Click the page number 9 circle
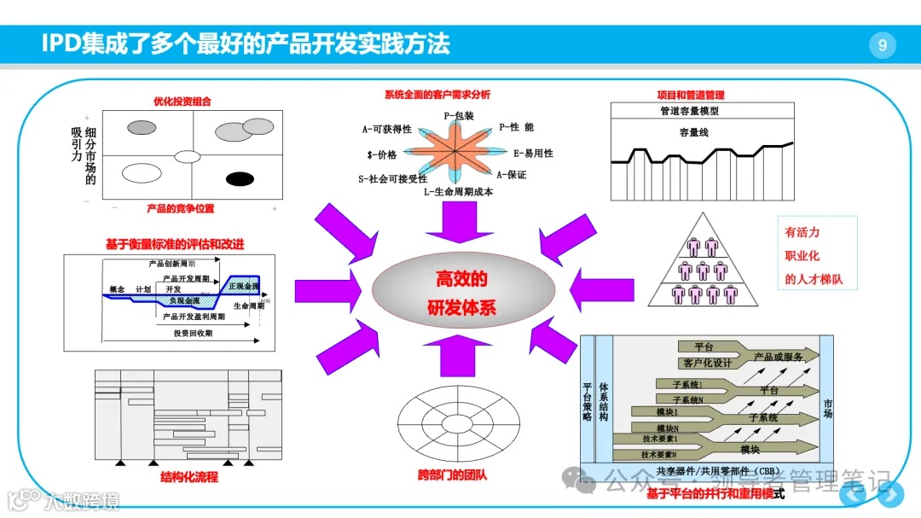point(883,45)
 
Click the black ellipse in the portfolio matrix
point(240,178)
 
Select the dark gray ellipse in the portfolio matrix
point(142,128)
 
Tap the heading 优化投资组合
point(182,101)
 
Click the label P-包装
point(459,113)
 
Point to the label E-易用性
point(533,154)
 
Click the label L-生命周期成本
point(458,192)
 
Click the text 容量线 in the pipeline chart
point(694,132)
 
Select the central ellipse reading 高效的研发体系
point(460,293)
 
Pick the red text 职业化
point(802,255)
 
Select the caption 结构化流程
point(189,477)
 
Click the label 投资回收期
point(193,333)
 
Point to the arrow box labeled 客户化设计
point(708,363)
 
